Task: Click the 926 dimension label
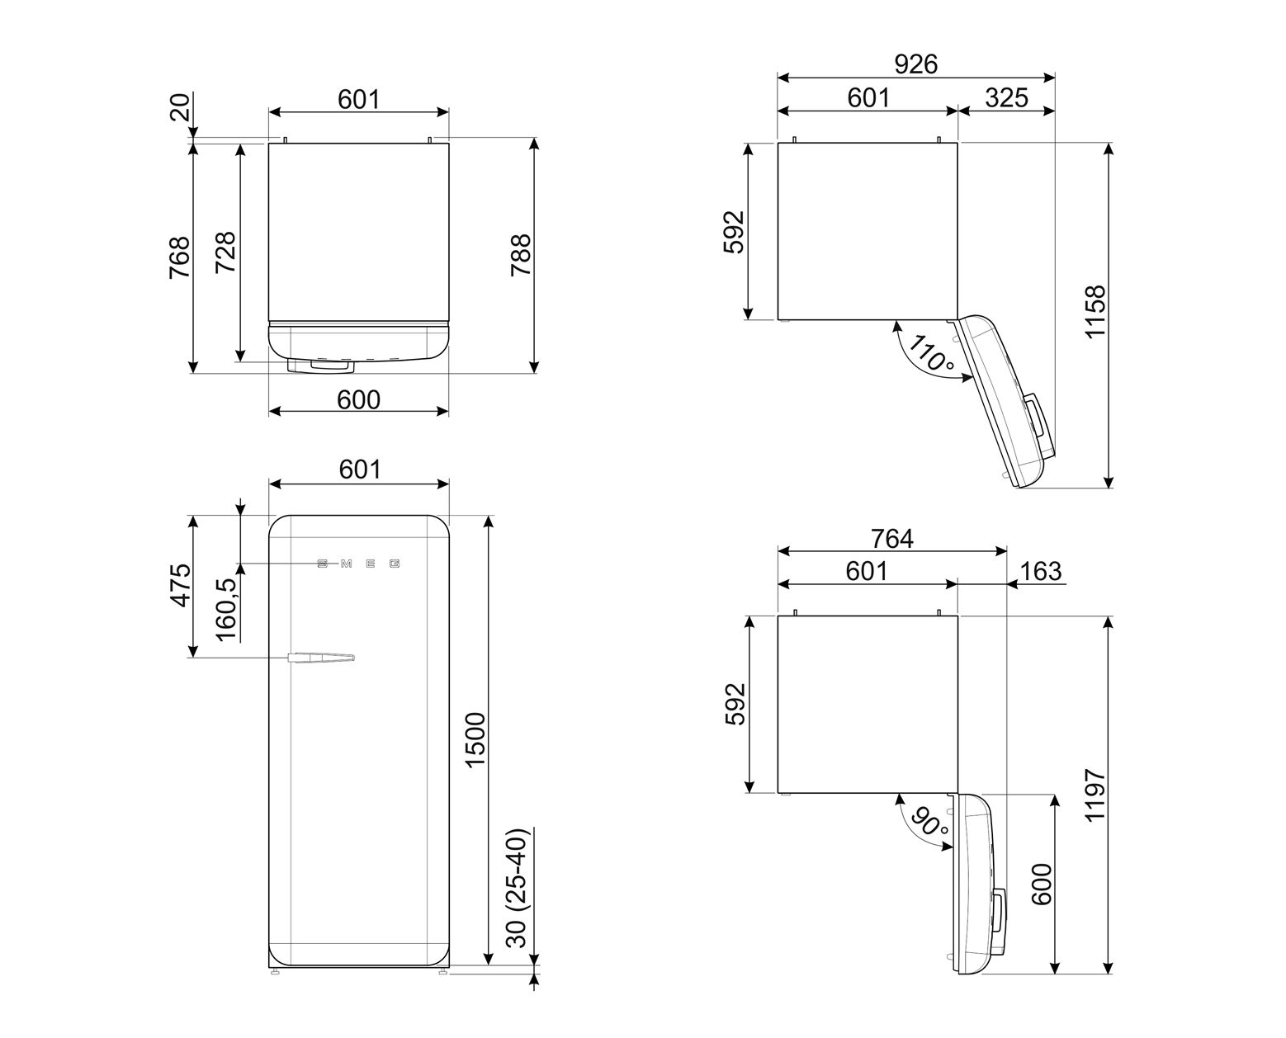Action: [915, 64]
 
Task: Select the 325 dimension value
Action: [1006, 97]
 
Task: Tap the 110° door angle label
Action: [931, 353]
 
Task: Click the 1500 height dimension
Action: [475, 739]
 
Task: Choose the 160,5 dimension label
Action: [225, 610]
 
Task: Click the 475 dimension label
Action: [180, 585]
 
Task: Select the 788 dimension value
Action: [521, 255]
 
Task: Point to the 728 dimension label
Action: [225, 252]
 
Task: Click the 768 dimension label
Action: [179, 257]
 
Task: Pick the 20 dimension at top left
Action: [180, 107]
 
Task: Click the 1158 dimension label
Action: [1095, 312]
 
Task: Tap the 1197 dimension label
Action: [1095, 795]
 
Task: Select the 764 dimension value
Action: [891, 538]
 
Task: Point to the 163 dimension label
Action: [1041, 571]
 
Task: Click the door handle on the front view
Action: [321, 657]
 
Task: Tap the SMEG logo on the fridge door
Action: [358, 564]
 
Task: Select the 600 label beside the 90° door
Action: [1042, 884]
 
